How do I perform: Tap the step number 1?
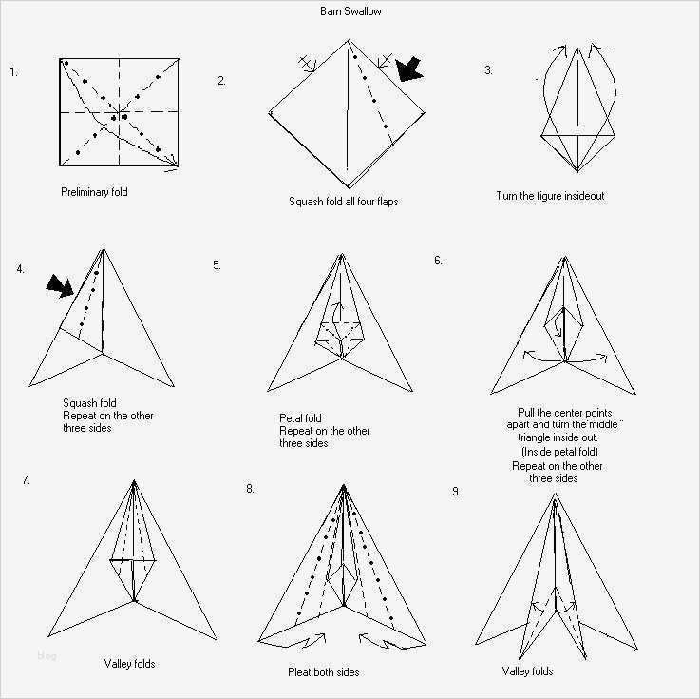pos(13,71)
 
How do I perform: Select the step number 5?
pos(217,265)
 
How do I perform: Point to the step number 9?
pos(456,492)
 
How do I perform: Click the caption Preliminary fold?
pos(94,192)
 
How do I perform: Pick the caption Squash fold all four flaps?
pos(343,202)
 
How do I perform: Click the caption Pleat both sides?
pos(323,672)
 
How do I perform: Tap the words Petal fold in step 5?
pos(300,418)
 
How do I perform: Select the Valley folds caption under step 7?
pos(129,663)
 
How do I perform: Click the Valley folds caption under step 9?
pos(527,671)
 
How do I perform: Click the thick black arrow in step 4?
pos(60,284)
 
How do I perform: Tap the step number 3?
pos(488,70)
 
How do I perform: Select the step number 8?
pos(250,489)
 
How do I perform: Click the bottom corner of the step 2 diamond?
pos(349,187)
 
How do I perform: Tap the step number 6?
pos(438,260)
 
